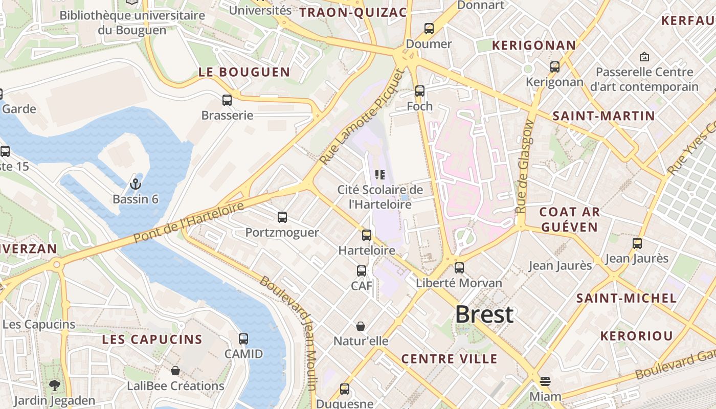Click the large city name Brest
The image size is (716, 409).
pos(484,314)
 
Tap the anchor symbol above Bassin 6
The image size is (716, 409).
pos(136,184)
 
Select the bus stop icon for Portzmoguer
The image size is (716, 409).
pos(282,217)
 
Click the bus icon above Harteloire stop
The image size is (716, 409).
pos(367,235)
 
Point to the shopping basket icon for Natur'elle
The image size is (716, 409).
pos(361,326)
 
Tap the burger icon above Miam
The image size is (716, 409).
pos(545,381)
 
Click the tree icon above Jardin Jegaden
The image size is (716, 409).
pos(54,385)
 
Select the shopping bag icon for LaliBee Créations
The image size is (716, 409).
pos(175,371)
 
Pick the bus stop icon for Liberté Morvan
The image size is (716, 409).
pos(459,267)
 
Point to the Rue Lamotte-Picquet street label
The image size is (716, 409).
pos(362,117)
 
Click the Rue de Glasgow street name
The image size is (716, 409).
pos(525,167)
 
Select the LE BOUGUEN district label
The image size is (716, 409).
pos(244,72)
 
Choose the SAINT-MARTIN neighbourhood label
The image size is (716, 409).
pos(603,116)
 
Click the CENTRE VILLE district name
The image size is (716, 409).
pos(449,359)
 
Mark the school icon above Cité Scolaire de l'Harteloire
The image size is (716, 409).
pos(380,175)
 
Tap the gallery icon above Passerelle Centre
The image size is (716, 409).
pos(644,57)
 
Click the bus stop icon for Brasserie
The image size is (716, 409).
pos(227,100)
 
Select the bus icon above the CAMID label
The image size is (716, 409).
pos(243,338)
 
